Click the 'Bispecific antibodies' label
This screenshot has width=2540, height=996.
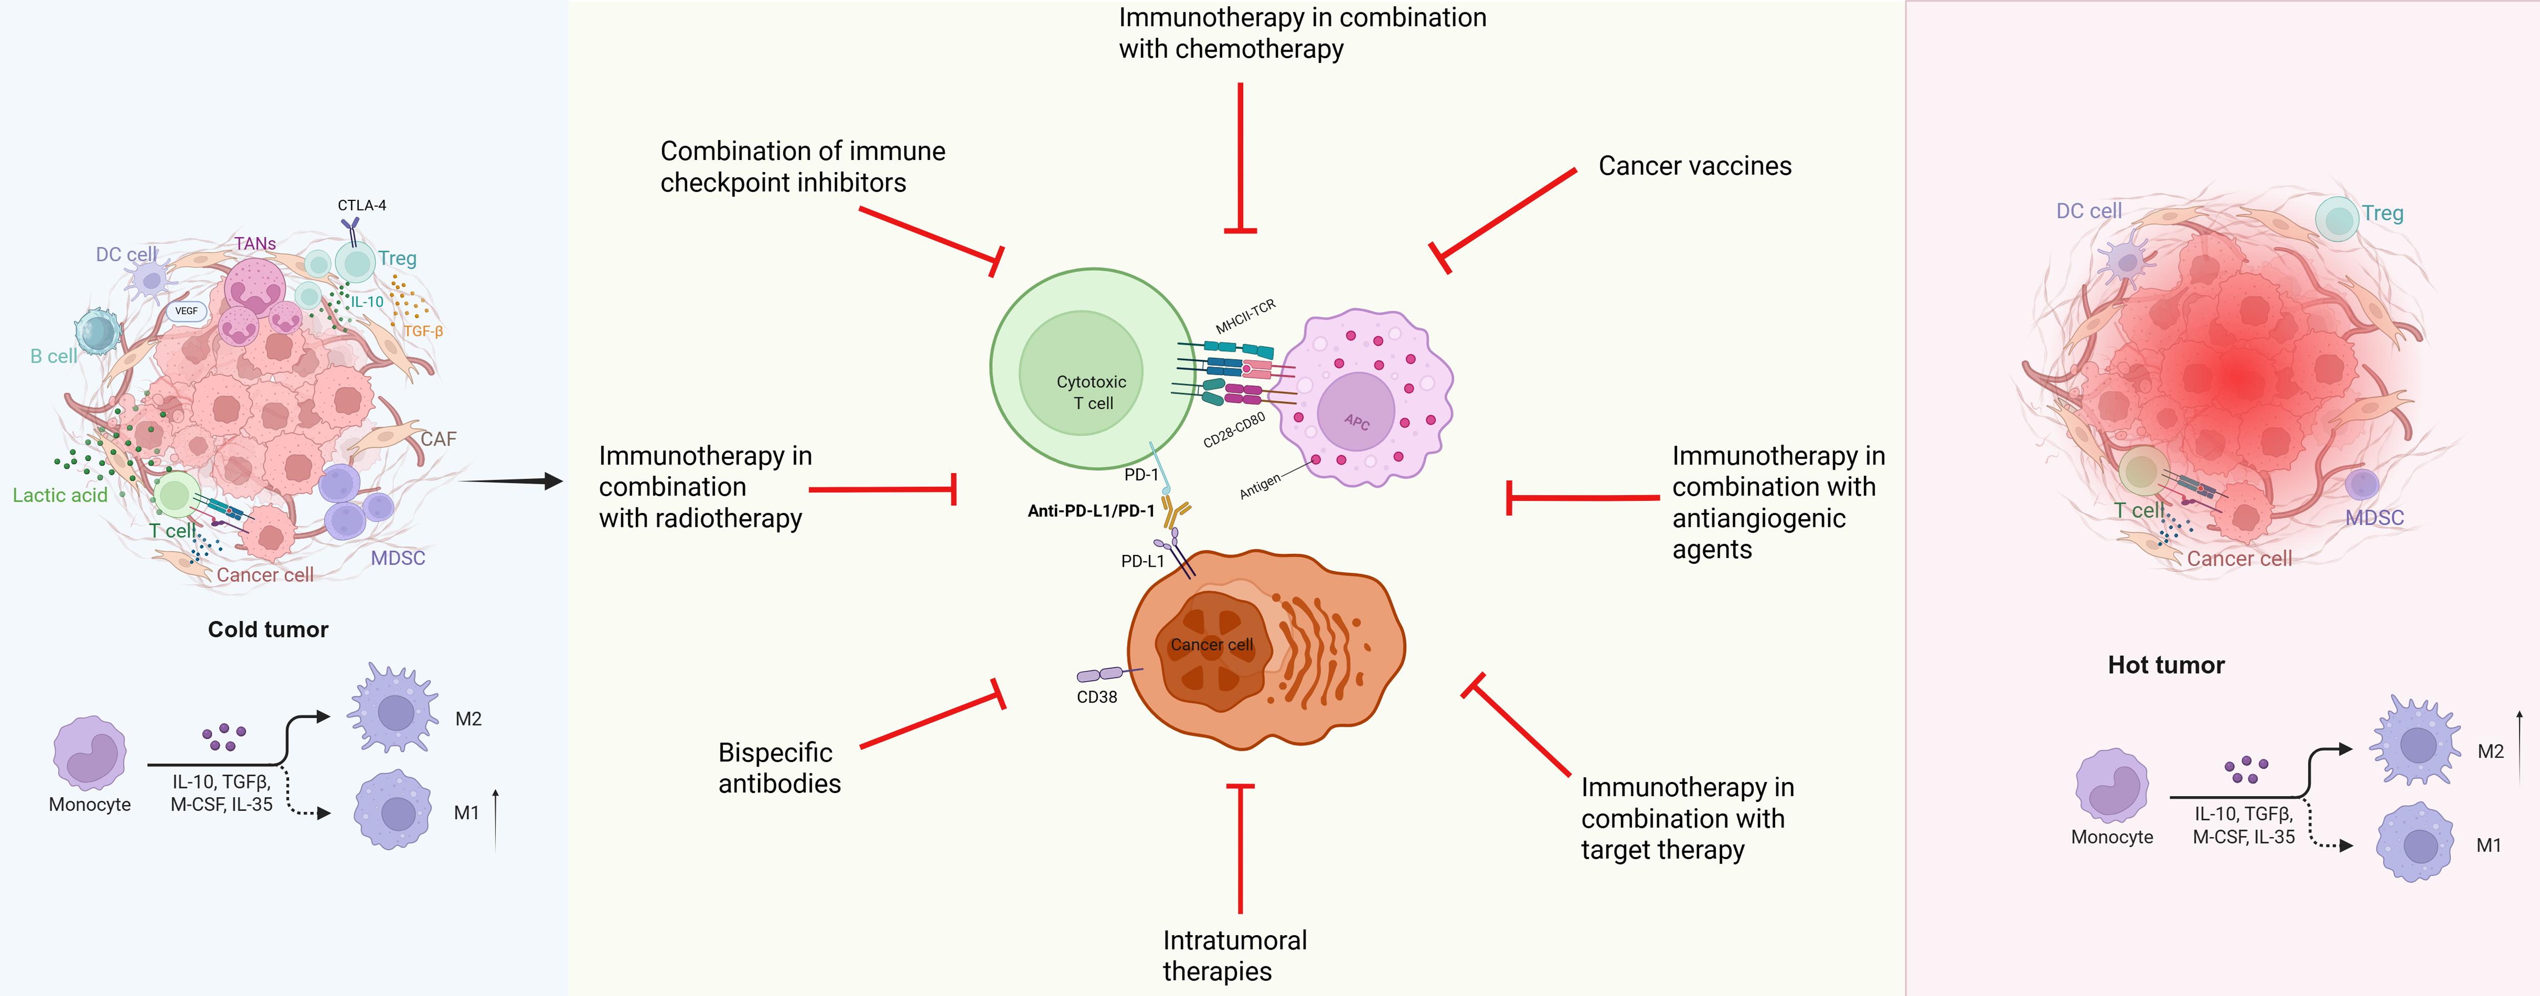(x=779, y=767)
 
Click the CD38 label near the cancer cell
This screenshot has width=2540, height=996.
(x=1096, y=696)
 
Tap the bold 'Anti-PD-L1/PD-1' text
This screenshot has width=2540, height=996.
(x=1090, y=511)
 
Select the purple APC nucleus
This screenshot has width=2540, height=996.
(x=1356, y=412)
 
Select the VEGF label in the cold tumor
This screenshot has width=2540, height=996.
(x=187, y=311)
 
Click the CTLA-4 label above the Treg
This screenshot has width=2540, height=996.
(x=362, y=205)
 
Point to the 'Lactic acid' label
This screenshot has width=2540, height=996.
(x=60, y=495)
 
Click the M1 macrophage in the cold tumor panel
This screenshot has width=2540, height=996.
(x=394, y=810)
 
